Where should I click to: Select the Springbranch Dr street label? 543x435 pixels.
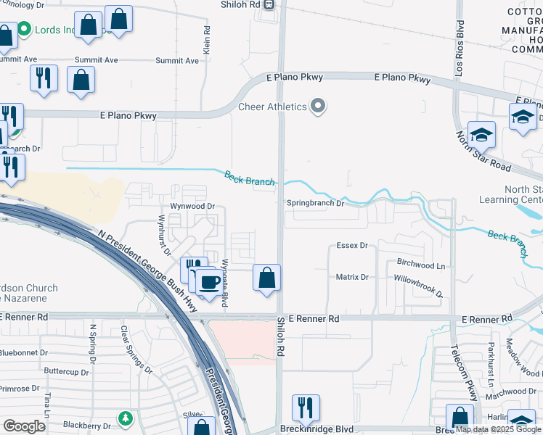[314, 204]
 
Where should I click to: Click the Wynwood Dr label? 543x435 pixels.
[192, 206]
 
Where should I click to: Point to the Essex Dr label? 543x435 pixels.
[352, 246]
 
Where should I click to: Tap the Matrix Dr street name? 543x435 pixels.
[352, 277]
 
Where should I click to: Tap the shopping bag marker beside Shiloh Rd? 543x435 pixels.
[267, 277]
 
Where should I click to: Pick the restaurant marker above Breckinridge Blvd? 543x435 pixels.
[306, 407]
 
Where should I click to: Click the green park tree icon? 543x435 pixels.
[126, 418]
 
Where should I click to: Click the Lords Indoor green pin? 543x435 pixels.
[24, 29]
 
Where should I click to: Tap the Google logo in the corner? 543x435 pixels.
[24, 426]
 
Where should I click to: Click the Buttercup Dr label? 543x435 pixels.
[65, 371]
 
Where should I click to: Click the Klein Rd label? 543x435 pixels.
[207, 40]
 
